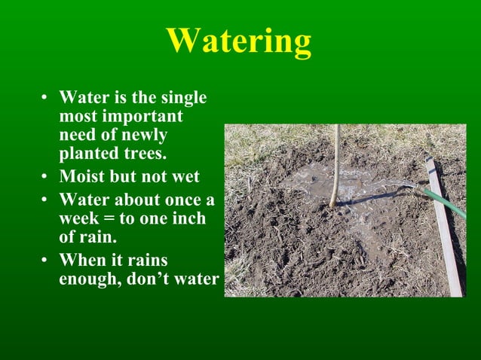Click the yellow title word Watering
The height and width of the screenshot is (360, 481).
tap(238, 41)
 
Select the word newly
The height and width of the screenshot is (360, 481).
tap(144, 136)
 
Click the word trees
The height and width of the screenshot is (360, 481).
tap(145, 154)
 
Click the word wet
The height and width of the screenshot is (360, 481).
tap(184, 177)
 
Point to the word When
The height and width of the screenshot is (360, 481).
tap(81, 261)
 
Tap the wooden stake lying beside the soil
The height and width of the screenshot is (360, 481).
tap(445, 226)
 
